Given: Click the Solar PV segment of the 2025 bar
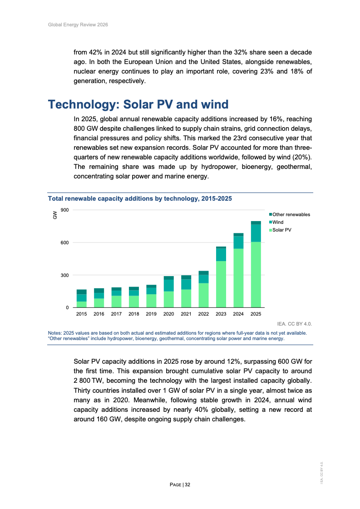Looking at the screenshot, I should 256,275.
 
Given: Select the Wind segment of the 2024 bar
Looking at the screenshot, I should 238,242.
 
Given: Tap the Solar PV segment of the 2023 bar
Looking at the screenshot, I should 221,284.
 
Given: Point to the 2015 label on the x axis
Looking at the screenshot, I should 82,314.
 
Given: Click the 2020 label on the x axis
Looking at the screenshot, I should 168,314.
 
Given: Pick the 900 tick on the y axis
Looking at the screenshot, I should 64,210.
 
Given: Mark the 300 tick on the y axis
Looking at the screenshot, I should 64,275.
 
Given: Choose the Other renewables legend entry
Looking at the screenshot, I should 291,214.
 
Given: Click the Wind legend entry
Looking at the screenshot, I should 277,222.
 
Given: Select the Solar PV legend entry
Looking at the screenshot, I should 281,230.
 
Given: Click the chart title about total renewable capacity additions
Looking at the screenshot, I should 140,199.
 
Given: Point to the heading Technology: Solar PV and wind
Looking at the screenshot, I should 138,104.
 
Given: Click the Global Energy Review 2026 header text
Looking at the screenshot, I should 78,25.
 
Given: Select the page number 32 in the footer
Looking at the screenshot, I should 187,485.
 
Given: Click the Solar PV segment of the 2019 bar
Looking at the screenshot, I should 151,301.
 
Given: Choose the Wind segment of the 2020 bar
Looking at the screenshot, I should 168,285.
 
